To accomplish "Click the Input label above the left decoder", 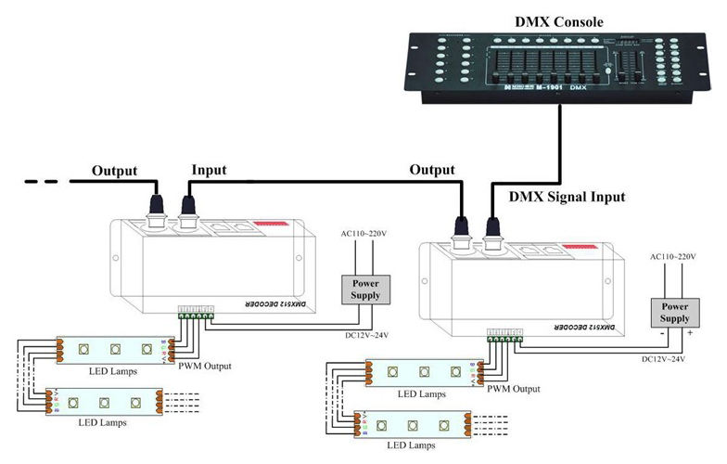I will click(x=208, y=171).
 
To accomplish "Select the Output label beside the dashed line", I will click(x=114, y=171).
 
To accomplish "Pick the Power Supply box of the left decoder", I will click(x=364, y=289).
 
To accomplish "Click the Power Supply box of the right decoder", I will click(x=673, y=312).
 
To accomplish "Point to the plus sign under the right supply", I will click(x=690, y=333).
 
